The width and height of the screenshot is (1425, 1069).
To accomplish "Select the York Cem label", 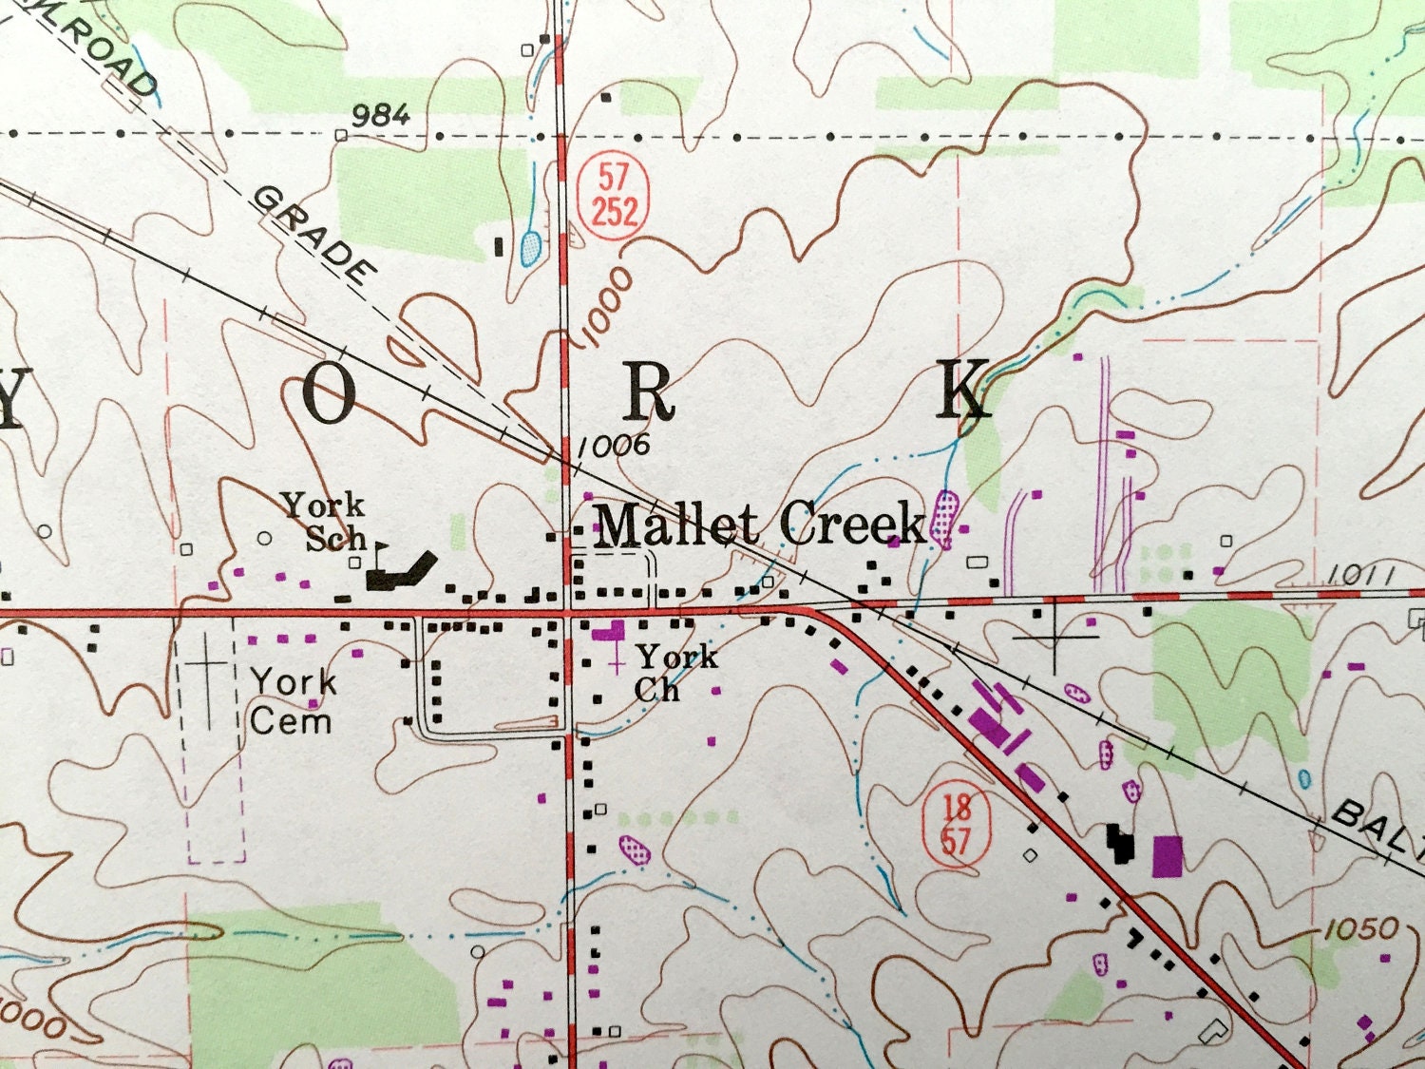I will click(292, 701).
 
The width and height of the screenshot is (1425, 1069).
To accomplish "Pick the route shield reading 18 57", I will click(957, 824).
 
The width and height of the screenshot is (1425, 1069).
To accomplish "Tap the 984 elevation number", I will click(381, 116).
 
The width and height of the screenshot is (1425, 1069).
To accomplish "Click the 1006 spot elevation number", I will click(614, 445).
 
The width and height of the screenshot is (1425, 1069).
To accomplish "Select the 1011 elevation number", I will click(1360, 574).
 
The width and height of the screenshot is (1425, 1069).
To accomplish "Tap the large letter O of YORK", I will click(329, 393).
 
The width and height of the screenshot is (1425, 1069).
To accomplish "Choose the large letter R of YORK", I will click(650, 391).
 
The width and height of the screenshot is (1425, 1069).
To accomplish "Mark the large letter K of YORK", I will click(963, 390).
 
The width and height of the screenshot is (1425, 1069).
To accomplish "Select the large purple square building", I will click(1168, 855).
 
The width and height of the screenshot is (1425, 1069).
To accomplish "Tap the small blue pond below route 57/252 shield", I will click(531, 248).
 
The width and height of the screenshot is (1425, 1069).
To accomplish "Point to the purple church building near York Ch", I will click(609, 631).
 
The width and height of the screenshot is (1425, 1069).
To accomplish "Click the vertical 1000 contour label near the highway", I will click(605, 307).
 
